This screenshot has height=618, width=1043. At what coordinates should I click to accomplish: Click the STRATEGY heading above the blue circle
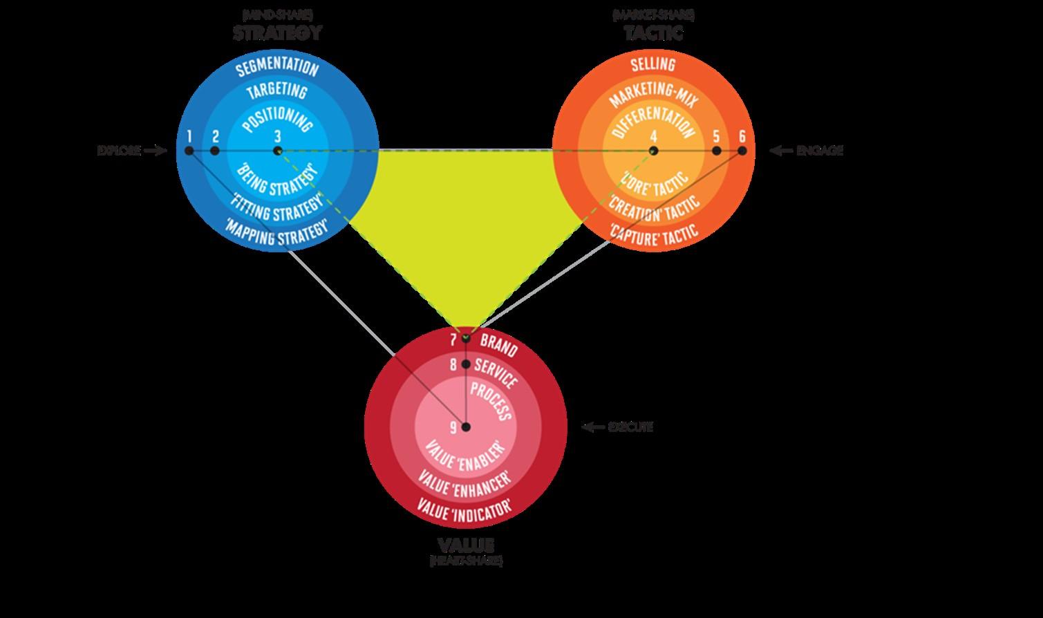click(x=277, y=32)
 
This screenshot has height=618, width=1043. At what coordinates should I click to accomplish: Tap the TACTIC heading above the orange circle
click(x=653, y=32)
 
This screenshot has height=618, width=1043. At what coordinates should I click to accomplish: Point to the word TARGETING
click(x=277, y=91)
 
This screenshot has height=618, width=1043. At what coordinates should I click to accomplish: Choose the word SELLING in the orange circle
click(x=653, y=65)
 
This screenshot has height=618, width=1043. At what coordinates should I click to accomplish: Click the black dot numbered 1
click(x=189, y=151)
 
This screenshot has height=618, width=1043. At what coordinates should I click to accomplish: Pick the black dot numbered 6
click(x=742, y=151)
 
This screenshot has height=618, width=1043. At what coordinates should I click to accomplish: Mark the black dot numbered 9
click(x=466, y=427)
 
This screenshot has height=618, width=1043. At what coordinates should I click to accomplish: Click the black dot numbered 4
click(x=653, y=151)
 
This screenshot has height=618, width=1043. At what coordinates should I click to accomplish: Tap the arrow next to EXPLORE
click(x=156, y=151)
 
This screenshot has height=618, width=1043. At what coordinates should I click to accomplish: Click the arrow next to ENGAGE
click(x=781, y=151)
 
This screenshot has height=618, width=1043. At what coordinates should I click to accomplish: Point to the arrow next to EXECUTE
click(x=593, y=427)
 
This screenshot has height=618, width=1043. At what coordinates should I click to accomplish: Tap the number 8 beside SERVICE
click(x=453, y=364)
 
